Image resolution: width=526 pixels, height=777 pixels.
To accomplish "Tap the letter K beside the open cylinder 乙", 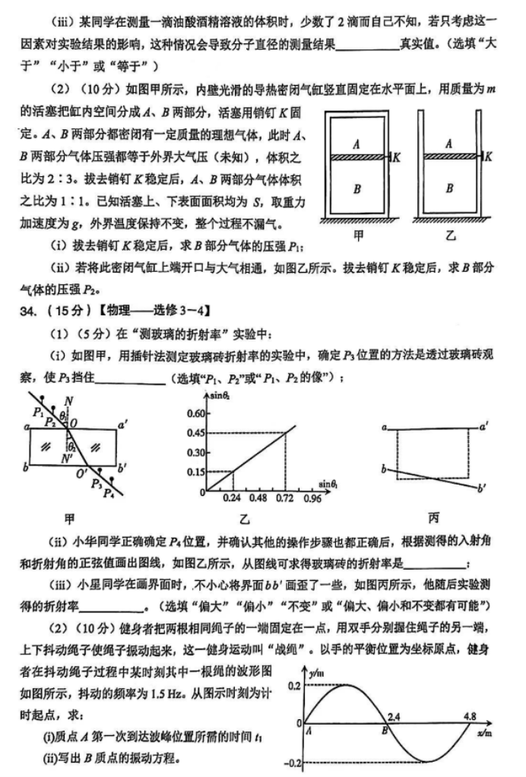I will [488, 156].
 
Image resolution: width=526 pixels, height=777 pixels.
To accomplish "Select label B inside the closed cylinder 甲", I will [356, 188].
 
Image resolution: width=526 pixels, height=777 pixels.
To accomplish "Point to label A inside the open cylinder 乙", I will [449, 142].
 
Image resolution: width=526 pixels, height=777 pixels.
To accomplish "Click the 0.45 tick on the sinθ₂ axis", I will [195, 433].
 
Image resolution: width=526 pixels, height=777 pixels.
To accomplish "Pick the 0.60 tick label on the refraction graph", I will [195, 414].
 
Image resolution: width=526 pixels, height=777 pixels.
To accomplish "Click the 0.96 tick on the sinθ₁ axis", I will [312, 499].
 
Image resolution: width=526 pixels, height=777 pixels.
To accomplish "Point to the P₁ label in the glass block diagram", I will [38, 412].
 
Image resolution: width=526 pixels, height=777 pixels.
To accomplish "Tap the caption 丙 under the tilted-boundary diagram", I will [433, 518].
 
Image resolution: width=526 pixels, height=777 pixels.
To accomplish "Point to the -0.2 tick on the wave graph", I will [295, 762].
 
